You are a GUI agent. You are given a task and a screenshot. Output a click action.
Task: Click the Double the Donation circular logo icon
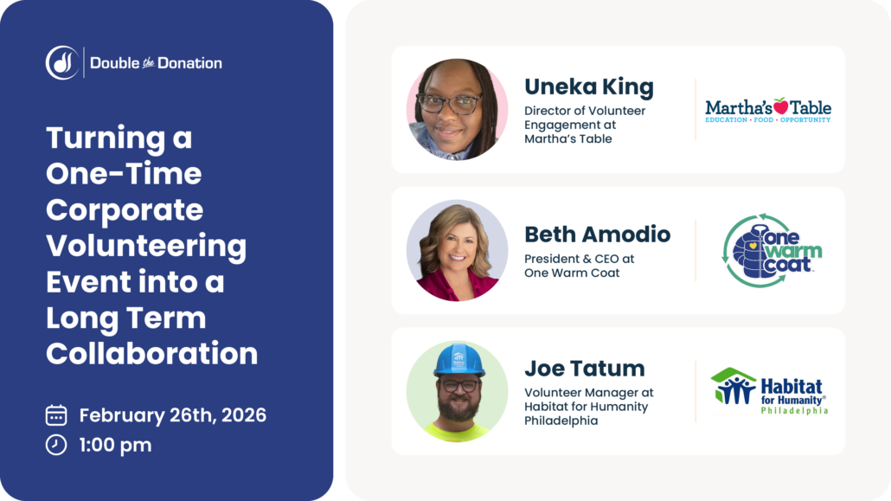tap(62, 62)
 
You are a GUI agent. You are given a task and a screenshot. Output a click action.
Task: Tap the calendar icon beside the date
tap(56, 415)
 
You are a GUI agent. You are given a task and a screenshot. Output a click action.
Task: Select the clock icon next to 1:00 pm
tap(56, 445)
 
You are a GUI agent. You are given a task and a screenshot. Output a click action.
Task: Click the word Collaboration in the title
tap(151, 353)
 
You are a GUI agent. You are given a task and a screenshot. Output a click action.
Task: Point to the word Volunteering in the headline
tap(146, 247)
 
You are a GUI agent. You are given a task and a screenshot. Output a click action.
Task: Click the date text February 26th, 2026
tap(173, 415)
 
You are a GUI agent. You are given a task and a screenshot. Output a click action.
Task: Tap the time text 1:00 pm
tap(115, 445)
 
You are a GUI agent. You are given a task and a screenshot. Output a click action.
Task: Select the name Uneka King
tap(589, 87)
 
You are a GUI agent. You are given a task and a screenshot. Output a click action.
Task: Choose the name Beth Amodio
tap(597, 234)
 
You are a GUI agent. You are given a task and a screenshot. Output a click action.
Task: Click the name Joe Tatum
tap(584, 369)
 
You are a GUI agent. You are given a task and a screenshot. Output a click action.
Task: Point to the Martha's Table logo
tap(767, 110)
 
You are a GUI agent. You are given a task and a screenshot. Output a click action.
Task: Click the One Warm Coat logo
tap(772, 250)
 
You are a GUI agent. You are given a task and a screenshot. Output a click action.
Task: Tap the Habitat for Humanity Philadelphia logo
tap(769, 391)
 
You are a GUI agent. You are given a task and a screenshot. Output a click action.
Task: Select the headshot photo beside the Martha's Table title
tap(458, 110)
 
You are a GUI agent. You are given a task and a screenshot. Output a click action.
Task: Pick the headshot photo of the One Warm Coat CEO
tap(458, 250)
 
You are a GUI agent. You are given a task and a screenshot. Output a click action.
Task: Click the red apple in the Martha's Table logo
tap(781, 106)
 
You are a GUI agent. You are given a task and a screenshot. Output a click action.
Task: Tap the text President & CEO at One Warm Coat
tap(579, 266)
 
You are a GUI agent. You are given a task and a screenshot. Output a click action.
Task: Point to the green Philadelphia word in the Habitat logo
tap(794, 411)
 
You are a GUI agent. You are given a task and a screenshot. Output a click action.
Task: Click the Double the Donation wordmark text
tap(156, 63)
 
